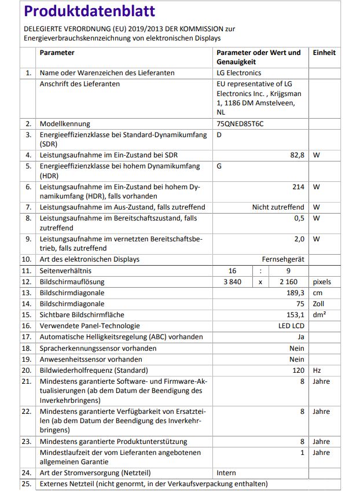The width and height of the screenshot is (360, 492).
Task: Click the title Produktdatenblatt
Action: [90, 12]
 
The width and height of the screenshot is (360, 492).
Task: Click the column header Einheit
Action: [324, 53]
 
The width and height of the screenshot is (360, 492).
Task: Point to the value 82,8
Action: [295, 155]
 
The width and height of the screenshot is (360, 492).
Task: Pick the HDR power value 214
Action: [298, 187]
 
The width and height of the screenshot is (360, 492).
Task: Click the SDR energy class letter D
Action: [219, 135]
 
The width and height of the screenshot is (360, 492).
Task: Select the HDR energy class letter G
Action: [219, 166]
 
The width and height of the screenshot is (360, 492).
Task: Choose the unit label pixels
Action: [322, 282]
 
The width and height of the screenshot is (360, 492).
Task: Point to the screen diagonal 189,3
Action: [295, 293]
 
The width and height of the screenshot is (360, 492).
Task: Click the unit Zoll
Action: [319, 304]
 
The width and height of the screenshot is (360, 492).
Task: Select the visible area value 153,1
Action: [295, 315]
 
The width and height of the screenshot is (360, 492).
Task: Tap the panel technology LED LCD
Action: [291, 326]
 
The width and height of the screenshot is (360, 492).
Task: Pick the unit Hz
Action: [317, 370]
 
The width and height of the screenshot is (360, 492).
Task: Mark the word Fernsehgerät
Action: [283, 259]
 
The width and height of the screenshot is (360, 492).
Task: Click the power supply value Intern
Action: [226, 473]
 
